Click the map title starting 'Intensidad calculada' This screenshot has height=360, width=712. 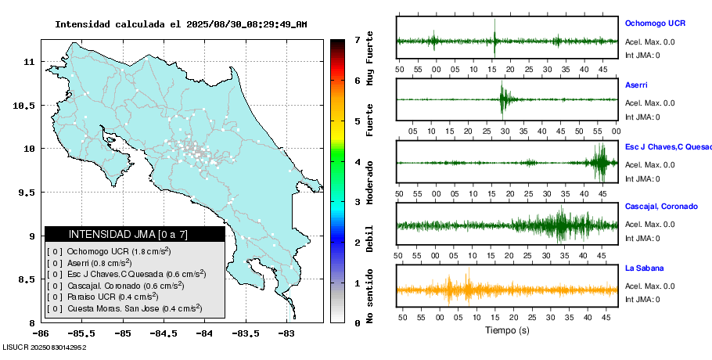tap(181, 24)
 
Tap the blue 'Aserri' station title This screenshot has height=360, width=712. tap(636, 85)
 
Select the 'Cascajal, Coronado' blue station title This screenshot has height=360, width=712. tap(661, 207)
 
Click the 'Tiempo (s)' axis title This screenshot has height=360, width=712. tap(507, 330)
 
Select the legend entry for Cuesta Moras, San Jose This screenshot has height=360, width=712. tap(125, 308)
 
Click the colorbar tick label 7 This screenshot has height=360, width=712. tap(357, 40)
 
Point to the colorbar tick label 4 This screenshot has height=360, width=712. tap(357, 162)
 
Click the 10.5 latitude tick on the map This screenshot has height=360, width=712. tap(26, 105)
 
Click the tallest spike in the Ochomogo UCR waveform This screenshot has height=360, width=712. tap(494, 38)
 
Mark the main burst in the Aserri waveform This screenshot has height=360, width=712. tap(505, 99)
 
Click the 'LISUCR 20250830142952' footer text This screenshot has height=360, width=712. tap(44, 346)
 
